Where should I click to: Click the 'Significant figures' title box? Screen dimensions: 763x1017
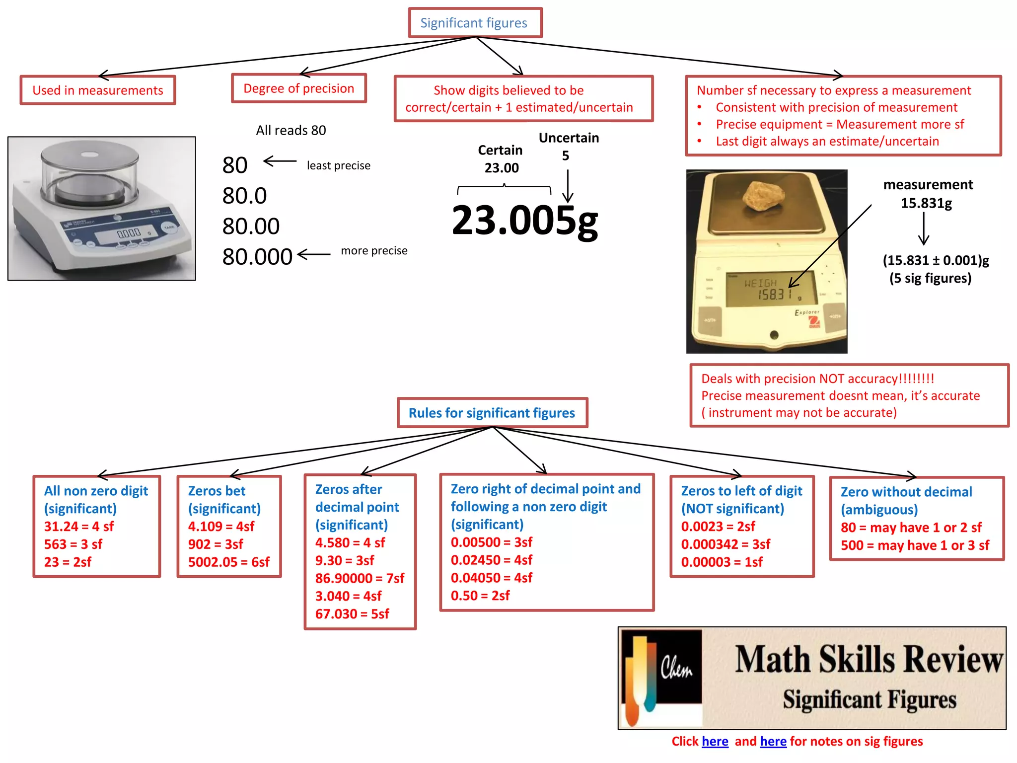click(x=475, y=23)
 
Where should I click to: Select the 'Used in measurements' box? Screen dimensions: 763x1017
click(x=98, y=90)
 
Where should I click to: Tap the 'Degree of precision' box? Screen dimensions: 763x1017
click(x=298, y=88)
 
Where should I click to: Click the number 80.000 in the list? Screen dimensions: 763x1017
click(x=257, y=256)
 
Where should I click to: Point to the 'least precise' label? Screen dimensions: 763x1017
click(x=338, y=165)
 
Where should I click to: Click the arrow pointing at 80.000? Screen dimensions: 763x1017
click(x=314, y=254)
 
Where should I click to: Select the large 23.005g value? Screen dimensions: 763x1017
click(x=524, y=221)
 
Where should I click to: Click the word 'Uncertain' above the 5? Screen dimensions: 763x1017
click(x=569, y=138)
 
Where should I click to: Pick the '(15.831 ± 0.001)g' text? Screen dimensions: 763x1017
click(x=936, y=260)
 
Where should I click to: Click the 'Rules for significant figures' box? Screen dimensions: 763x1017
click(x=492, y=413)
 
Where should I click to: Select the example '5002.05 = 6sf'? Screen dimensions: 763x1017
click(x=228, y=562)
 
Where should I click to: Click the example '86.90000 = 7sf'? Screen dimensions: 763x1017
click(x=360, y=578)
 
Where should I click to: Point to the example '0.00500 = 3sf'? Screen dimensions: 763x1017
click(x=491, y=542)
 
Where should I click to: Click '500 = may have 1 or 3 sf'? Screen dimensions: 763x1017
click(x=915, y=545)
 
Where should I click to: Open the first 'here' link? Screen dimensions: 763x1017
click(x=715, y=741)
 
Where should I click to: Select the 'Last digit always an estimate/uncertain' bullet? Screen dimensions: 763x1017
click(x=827, y=141)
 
